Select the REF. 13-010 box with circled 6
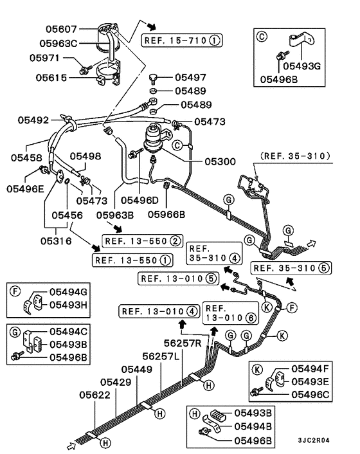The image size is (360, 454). [224, 312]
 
